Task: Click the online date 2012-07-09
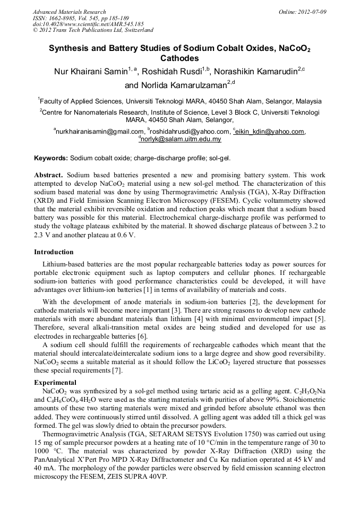coord(313,12)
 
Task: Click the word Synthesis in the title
coord(70,48)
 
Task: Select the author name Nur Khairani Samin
coord(88,71)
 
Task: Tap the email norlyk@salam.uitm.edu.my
coord(181,139)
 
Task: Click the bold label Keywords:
coord(51,158)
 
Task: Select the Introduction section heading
coord(54,252)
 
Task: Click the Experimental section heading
coord(55,382)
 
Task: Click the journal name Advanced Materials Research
coord(69,12)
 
